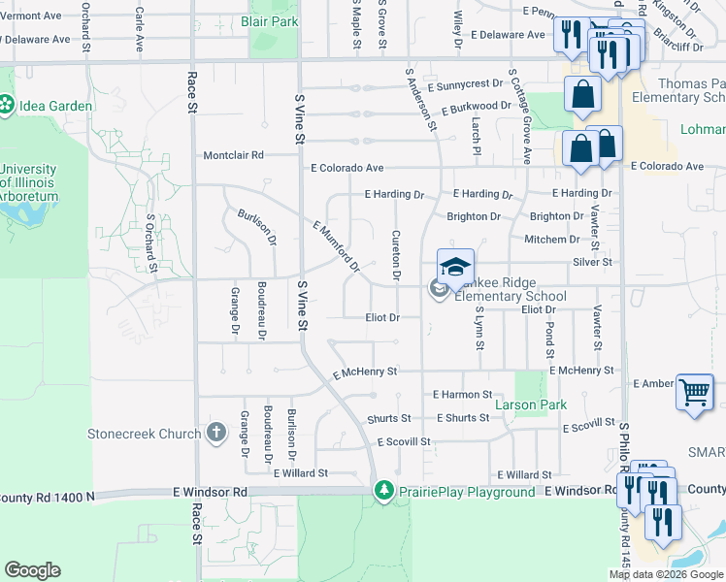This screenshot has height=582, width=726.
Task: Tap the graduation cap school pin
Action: click(455, 267)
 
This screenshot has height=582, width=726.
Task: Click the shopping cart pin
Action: click(695, 392)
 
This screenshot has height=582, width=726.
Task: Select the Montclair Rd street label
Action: click(233, 155)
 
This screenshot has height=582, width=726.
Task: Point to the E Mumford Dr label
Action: click(336, 245)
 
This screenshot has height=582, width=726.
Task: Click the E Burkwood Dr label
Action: click(476, 106)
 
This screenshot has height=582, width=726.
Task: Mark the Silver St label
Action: click(592, 262)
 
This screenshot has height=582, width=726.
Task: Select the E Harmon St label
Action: click(462, 395)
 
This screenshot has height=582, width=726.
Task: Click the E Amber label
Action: click(652, 384)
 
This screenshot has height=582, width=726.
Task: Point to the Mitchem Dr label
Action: click(551, 240)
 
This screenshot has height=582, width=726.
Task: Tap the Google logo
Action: click(32, 570)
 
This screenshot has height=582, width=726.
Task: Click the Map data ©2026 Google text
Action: click(667, 575)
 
